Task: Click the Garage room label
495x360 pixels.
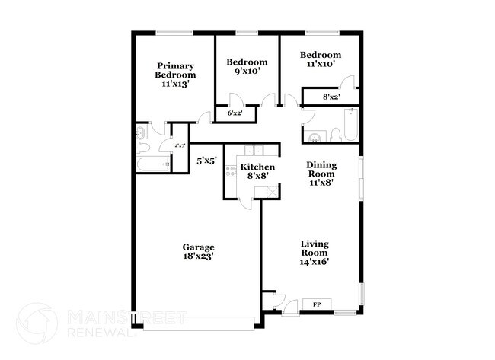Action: coord(198,247)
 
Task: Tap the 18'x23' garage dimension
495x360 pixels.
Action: coord(198,256)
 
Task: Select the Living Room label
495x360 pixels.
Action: coord(314,247)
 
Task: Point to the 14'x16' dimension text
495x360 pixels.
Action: coord(314,262)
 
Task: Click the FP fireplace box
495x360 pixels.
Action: coord(315,304)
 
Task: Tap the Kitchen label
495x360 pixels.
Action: coord(257,166)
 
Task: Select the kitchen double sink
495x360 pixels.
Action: coord(252,150)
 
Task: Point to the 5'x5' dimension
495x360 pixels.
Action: coord(208,161)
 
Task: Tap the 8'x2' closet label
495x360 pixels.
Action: coord(331,97)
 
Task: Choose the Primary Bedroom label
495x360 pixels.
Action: coord(176,70)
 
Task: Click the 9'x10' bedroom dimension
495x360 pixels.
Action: coord(247,72)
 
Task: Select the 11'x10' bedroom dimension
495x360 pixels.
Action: coord(319,65)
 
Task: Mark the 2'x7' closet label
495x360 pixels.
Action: coord(180,145)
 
